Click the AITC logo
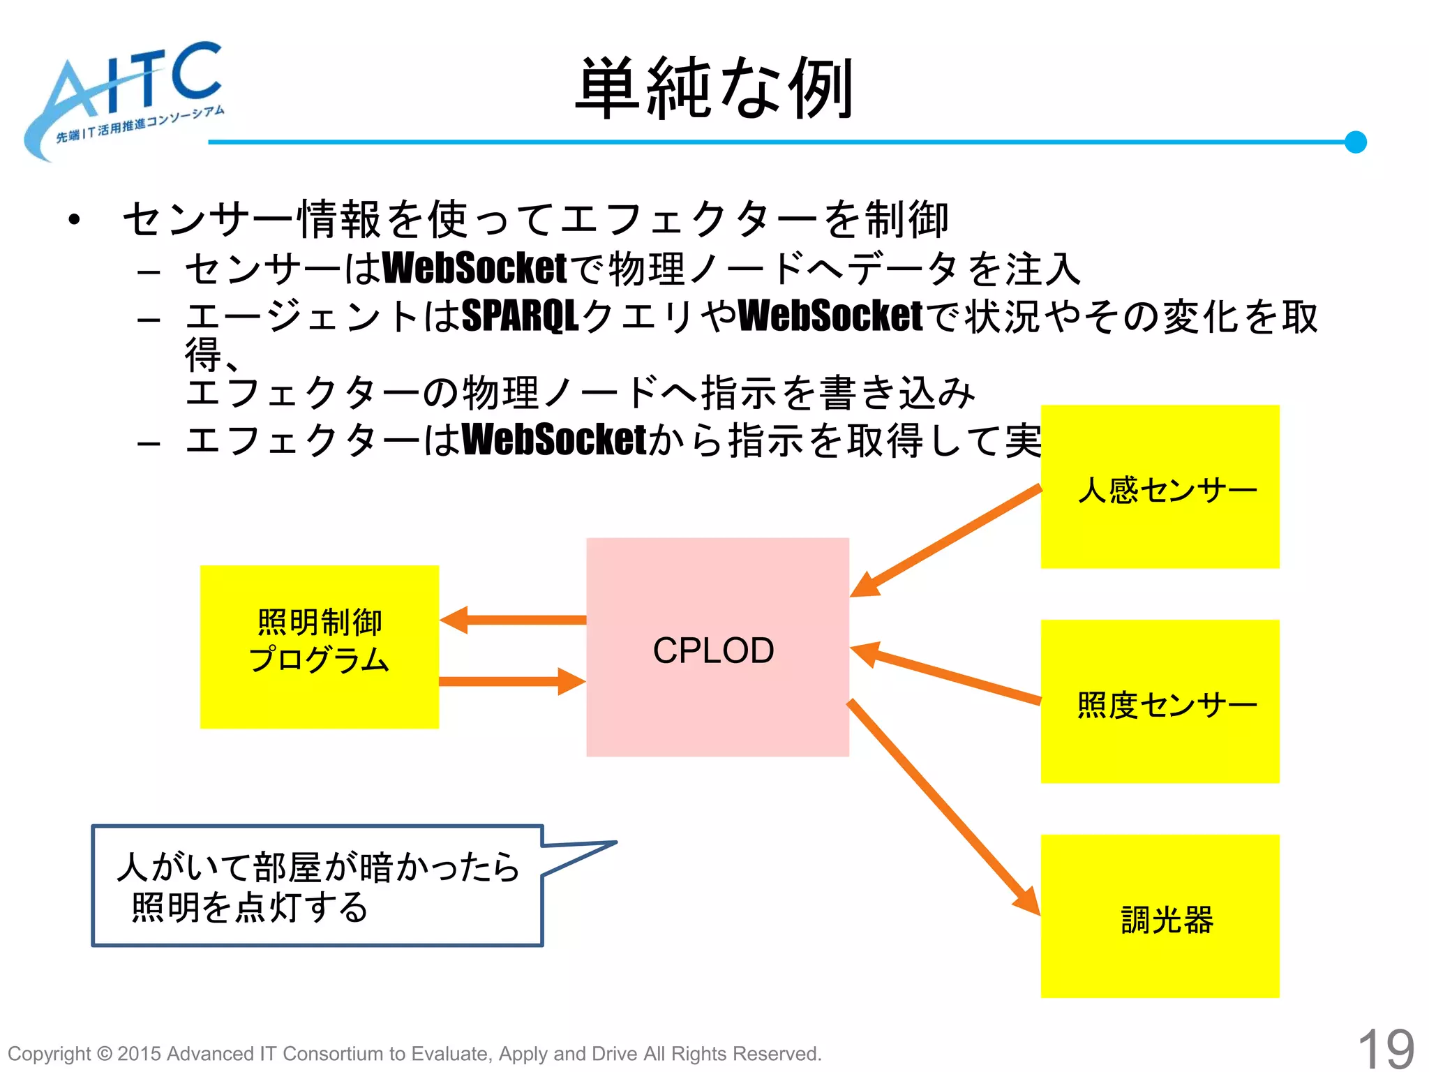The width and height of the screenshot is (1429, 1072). [x=126, y=98]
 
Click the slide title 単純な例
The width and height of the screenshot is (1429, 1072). [x=714, y=89]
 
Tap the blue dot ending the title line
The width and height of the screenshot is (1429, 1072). [x=1355, y=142]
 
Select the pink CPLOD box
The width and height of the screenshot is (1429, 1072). [x=717, y=647]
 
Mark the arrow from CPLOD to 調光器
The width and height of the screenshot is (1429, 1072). [x=942, y=806]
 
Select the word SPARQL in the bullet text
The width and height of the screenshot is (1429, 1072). [x=521, y=316]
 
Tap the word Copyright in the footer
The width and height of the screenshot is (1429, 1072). [x=49, y=1054]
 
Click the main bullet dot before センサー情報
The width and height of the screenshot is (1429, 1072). [x=75, y=220]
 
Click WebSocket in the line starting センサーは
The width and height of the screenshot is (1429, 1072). [x=474, y=269]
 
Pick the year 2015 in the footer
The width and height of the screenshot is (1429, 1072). [x=139, y=1054]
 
